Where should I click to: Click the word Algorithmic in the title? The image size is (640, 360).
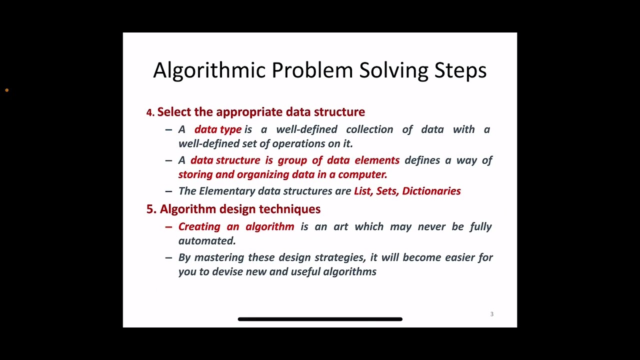click(209, 70)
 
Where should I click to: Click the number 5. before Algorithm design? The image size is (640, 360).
click(151, 209)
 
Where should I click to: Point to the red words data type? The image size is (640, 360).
click(217, 129)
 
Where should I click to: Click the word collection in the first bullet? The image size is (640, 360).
click(369, 129)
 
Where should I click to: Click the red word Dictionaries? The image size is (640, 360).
click(431, 191)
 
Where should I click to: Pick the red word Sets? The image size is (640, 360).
click(386, 191)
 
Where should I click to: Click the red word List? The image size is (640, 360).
click(363, 191)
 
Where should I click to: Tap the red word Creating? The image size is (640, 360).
click(199, 226)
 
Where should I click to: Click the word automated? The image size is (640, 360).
click(206, 240)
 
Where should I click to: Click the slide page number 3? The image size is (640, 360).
click(491, 314)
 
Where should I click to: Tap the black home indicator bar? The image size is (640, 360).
click(320, 319)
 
